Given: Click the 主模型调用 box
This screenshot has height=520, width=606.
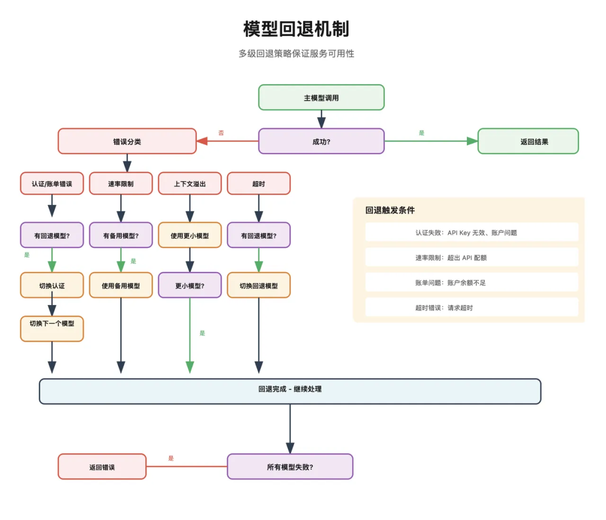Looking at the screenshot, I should coord(321,98).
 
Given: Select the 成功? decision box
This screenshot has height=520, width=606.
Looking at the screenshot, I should coord(321,141).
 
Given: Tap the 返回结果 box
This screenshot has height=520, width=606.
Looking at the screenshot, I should coord(527,141).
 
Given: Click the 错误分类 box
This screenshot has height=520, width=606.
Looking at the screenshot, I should coord(127,141).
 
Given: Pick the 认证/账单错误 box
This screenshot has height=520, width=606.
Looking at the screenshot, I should coord(52,183).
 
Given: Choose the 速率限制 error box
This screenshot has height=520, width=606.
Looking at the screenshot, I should coord(121,183).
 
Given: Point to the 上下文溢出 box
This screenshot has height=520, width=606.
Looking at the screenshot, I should coord(190,183).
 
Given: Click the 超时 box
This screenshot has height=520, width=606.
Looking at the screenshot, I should coord(259,183).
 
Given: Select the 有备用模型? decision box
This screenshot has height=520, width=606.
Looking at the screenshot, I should coord(121,236).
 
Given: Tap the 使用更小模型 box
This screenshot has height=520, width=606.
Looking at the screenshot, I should coord(190,236).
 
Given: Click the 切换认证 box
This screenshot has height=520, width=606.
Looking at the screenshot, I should coord(52,286).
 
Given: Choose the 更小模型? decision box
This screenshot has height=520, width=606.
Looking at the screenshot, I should coord(190,286).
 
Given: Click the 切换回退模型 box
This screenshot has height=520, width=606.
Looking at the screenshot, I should coord(259,286).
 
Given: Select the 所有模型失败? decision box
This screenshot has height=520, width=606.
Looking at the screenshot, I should coord(290,467).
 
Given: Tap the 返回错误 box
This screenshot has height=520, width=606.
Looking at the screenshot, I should coord(102,467).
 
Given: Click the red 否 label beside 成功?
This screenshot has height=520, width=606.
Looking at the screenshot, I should coord(221,133).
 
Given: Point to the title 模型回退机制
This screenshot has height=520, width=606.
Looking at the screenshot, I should coord(296,29).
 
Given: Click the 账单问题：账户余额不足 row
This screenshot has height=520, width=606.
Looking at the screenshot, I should coord(471,283).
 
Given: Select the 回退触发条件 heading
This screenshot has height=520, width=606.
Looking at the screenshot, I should coord(390,210).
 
